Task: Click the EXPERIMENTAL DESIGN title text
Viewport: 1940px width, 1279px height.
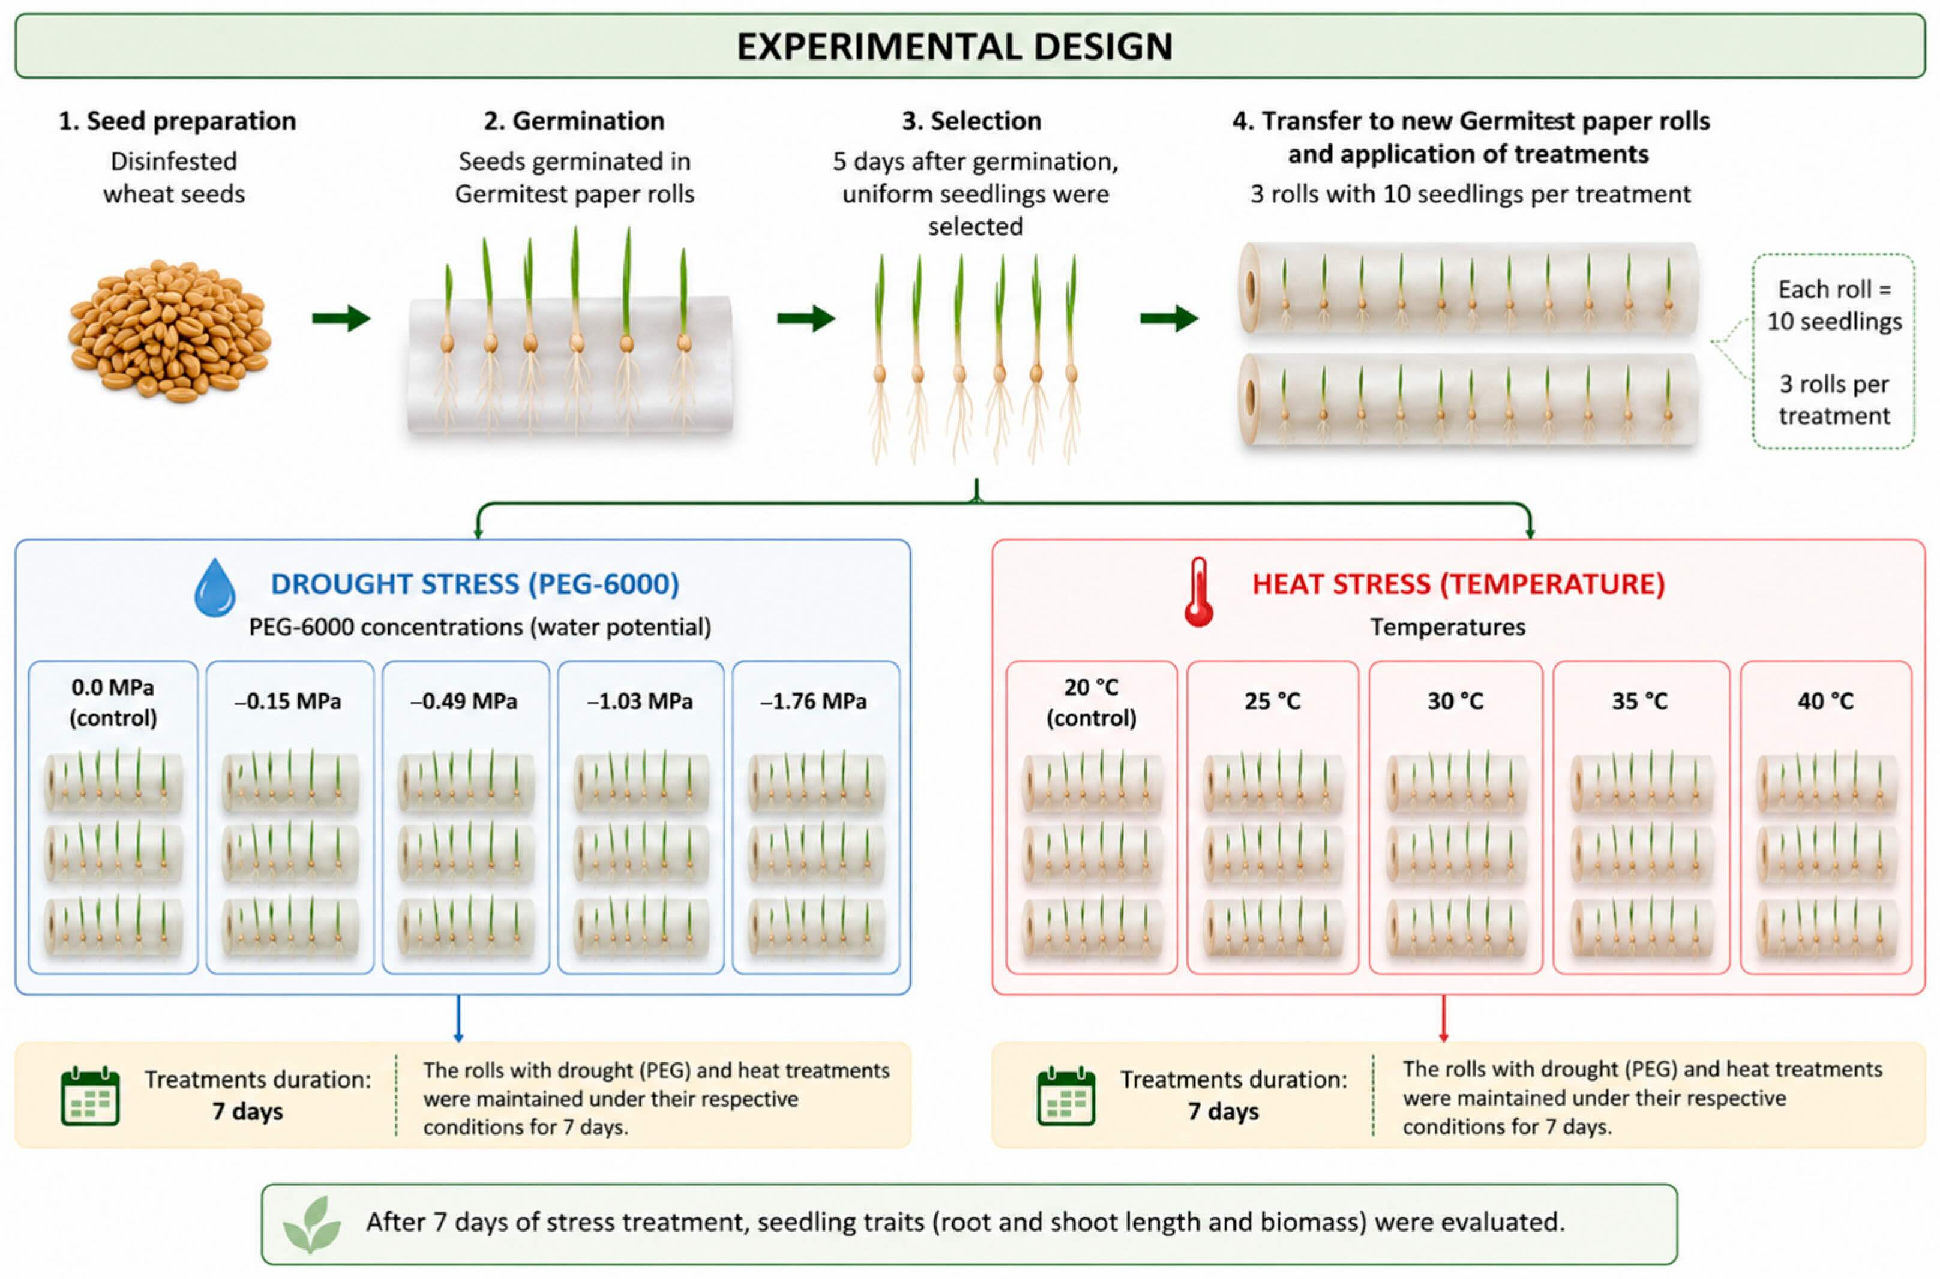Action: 955,47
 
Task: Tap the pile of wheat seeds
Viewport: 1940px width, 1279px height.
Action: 170,331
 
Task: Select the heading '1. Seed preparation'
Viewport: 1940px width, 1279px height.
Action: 177,121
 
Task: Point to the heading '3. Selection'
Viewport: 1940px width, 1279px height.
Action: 972,121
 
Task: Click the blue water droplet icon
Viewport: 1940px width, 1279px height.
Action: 215,587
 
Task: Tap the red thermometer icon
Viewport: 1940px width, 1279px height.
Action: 1198,592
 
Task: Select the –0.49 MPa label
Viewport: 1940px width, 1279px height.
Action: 464,701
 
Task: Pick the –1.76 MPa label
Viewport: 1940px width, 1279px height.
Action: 813,701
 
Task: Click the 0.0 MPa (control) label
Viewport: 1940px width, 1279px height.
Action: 113,702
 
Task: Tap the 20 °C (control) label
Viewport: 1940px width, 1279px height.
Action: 1091,702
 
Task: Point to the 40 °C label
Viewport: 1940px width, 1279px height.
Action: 1825,701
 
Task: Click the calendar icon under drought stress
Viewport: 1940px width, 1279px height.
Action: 91,1096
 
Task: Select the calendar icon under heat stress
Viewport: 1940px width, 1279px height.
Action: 1066,1096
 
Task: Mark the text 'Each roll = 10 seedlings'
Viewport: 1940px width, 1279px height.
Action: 1834,305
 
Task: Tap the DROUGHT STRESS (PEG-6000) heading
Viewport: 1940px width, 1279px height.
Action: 475,584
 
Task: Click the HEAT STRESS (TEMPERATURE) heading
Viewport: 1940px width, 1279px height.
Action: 1459,584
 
